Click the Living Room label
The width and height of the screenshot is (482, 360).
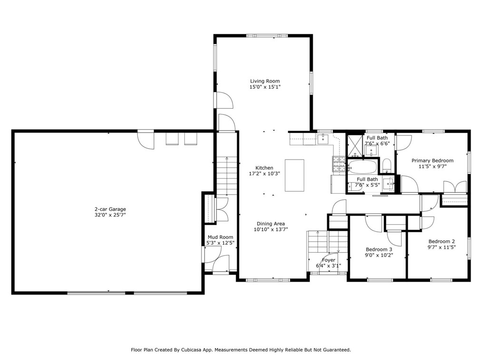265,81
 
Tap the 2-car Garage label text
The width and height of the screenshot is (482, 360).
110,209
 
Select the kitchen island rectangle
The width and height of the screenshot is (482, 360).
294,175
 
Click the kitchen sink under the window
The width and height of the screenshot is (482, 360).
324,138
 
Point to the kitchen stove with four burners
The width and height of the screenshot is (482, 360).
338,164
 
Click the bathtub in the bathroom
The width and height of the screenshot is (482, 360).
362,167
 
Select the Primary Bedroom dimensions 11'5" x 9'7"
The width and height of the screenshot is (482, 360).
432,167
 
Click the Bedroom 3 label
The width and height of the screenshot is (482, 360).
379,249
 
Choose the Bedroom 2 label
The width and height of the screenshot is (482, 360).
442,241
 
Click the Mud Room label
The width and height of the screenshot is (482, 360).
220,237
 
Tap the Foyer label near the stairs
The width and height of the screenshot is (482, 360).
328,260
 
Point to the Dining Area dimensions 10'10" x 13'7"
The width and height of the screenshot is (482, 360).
270,229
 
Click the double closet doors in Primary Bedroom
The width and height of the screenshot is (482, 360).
455,187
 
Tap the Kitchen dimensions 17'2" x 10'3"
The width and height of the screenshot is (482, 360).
264,174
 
